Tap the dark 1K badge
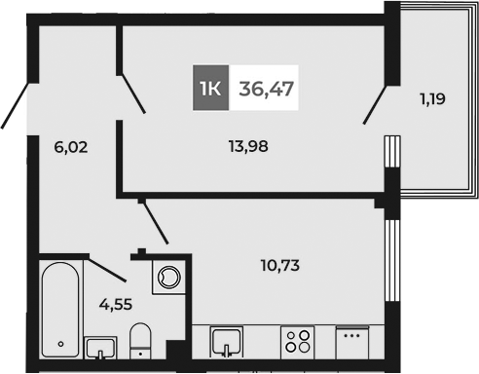point(210,90)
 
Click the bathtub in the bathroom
point(60,310)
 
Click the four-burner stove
point(297,343)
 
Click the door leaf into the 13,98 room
point(131,94)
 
